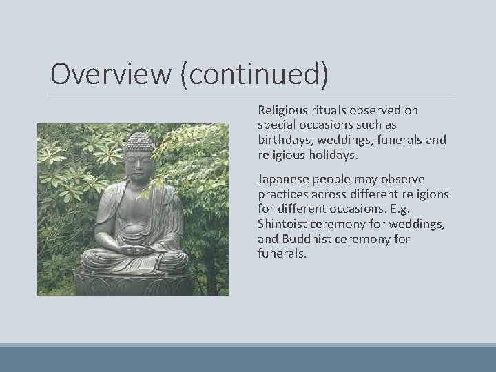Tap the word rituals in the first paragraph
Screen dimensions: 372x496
324,110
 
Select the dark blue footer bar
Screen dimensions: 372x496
248,359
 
